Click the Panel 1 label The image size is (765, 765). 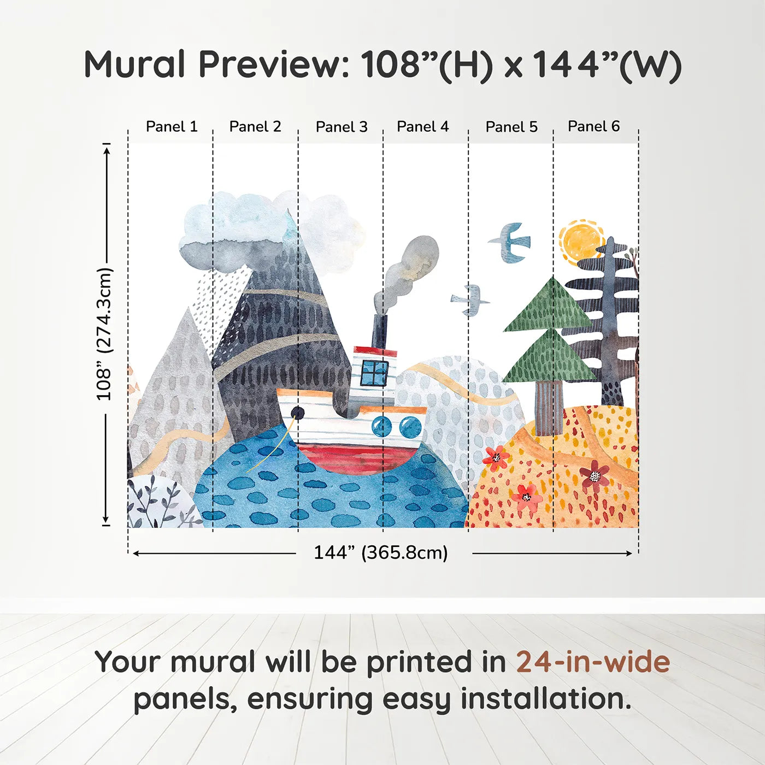click(x=171, y=127)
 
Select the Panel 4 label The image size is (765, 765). click(x=422, y=127)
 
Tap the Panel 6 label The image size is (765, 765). click(x=593, y=126)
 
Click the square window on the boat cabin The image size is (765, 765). click(x=374, y=373)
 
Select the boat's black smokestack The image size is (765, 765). click(x=380, y=332)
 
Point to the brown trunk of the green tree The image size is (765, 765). click(x=548, y=407)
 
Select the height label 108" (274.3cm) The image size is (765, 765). click(x=104, y=334)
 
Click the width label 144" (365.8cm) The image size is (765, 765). click(x=380, y=553)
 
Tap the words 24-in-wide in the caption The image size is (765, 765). click(x=593, y=662)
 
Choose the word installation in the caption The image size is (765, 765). click(x=545, y=699)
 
